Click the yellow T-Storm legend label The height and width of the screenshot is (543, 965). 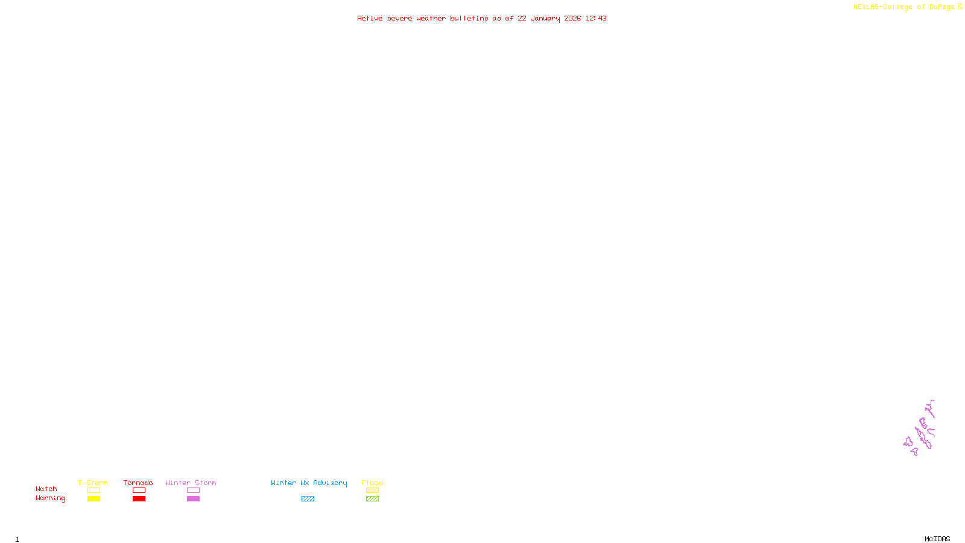pyautogui.click(x=93, y=483)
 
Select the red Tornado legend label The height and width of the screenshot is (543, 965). pyautogui.click(x=138, y=483)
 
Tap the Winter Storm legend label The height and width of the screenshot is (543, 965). pyautogui.click(x=191, y=483)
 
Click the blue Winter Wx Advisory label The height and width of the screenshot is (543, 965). pyautogui.click(x=309, y=483)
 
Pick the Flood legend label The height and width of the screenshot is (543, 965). pyautogui.click(x=372, y=483)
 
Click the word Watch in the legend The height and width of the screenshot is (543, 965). pyautogui.click(x=46, y=489)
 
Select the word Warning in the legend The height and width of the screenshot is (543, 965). pyautogui.click(x=51, y=498)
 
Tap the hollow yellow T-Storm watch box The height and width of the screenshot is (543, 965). pyautogui.click(x=93, y=491)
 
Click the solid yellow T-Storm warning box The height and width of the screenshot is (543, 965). pyautogui.click(x=93, y=499)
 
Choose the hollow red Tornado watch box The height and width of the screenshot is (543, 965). pyautogui.click(x=139, y=491)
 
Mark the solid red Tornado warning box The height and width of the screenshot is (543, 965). pyautogui.click(x=139, y=499)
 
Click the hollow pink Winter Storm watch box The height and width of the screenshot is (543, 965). pyautogui.click(x=193, y=491)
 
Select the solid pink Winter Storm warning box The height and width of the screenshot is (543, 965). pyautogui.click(x=193, y=499)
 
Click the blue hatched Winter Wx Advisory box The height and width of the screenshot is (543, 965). pyautogui.click(x=308, y=499)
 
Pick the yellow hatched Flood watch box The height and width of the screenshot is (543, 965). pyautogui.click(x=372, y=491)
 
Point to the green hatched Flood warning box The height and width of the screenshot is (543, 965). pyautogui.click(x=372, y=499)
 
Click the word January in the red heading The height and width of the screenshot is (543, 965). pyautogui.click(x=545, y=18)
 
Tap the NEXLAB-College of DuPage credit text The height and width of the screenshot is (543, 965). pyautogui.click(x=903, y=7)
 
